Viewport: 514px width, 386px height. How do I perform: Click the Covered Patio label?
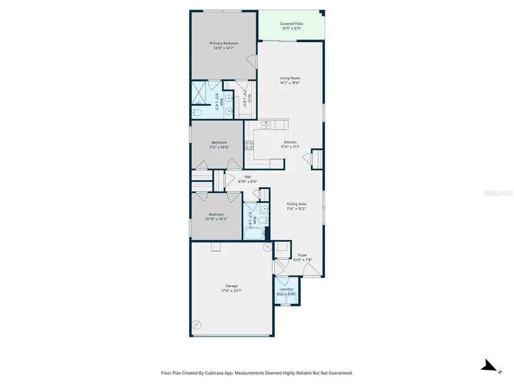point(291,24)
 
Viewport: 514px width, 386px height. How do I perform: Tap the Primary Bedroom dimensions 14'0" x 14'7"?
point(224,49)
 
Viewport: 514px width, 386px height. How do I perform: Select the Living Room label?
point(290,78)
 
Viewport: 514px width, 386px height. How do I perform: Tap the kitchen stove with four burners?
point(249,146)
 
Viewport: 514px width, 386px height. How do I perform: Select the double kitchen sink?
point(267,125)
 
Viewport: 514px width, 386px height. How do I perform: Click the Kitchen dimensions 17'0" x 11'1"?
point(290,147)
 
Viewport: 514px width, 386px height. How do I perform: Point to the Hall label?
point(247,177)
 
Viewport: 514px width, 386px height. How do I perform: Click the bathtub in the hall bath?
point(255,234)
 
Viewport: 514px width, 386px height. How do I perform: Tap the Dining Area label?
point(296,204)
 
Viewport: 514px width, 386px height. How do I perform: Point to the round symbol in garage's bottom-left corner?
point(196,324)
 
